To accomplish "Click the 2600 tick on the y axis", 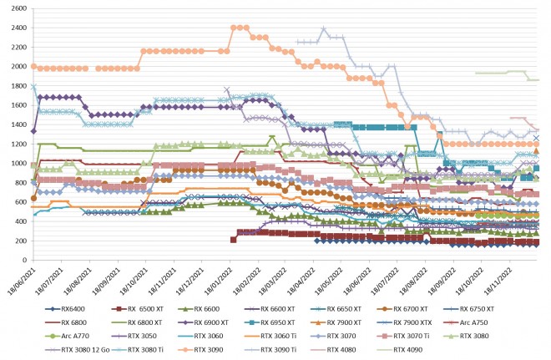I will pyautogui.click(x=18, y=8).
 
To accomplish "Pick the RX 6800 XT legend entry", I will pyautogui.click(x=181, y=321).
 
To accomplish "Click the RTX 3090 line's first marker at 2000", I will pyautogui.click(x=33, y=66).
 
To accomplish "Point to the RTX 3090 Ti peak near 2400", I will pyautogui.click(x=324, y=29).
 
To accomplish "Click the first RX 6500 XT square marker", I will pyautogui.click(x=233, y=240).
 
